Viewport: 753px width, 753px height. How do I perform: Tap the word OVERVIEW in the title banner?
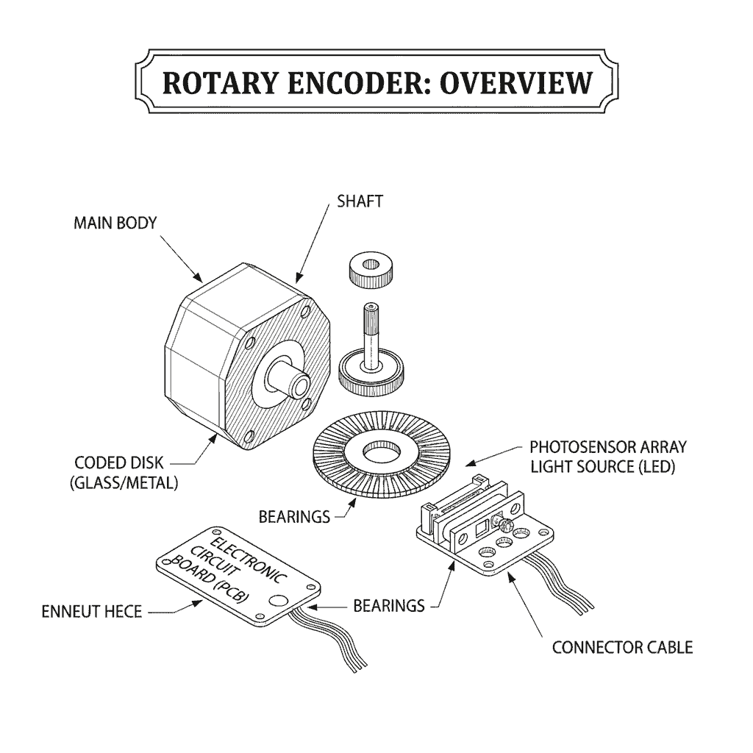515,82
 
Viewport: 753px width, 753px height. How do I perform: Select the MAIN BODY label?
115,223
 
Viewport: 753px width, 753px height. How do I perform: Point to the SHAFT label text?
360,201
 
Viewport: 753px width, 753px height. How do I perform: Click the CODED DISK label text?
120,464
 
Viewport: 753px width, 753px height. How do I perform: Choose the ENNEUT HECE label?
91,611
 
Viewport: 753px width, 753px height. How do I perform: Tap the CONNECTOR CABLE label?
622,648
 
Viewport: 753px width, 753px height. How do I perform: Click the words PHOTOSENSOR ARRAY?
608,446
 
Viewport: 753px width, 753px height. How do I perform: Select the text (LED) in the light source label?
655,466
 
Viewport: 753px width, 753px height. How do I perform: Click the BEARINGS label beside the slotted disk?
294,517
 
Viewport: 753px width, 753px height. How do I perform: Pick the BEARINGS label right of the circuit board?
389,606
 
